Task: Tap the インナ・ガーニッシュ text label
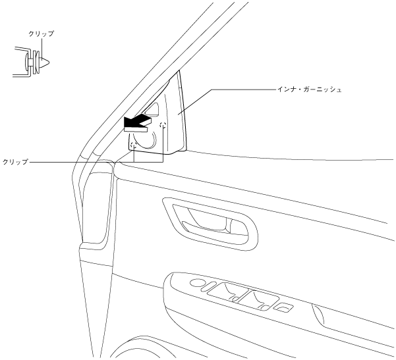pyautogui.click(x=310, y=88)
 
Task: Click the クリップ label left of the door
pyautogui.click(x=15, y=161)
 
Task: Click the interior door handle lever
pyautogui.click(x=211, y=226)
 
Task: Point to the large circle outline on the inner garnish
pyautogui.click(x=146, y=138)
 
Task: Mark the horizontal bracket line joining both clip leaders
pyautogui.click(x=148, y=162)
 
